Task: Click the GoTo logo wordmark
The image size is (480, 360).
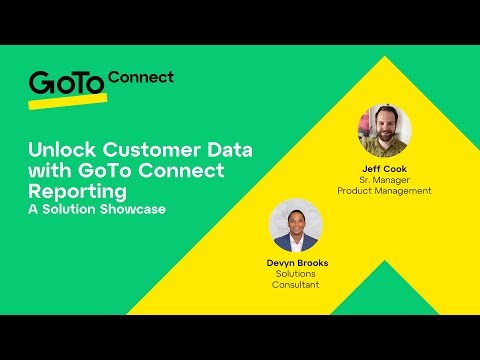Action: pyautogui.click(x=65, y=83)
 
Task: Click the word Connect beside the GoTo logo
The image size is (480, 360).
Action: pyautogui.click(x=140, y=77)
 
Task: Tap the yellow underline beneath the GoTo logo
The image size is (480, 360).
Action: pyautogui.click(x=66, y=101)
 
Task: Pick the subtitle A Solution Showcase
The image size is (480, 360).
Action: pyautogui.click(x=95, y=209)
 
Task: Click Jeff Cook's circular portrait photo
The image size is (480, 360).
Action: pyautogui.click(x=384, y=128)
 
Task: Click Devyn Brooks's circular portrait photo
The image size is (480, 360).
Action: pyautogui.click(x=297, y=225)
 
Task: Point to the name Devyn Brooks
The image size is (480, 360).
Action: pyautogui.click(x=297, y=263)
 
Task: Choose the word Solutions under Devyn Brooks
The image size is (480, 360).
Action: pyautogui.click(x=297, y=274)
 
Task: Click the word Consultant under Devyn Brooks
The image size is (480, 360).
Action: pyautogui.click(x=297, y=285)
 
